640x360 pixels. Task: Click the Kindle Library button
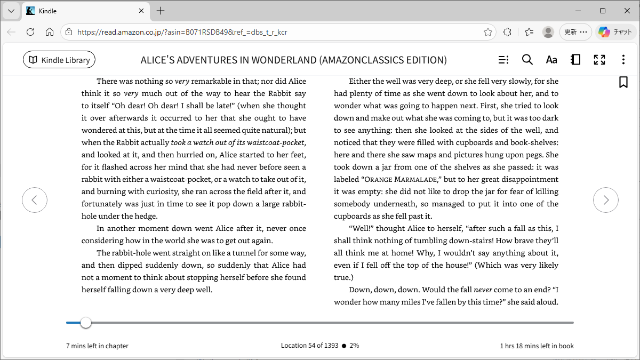59,60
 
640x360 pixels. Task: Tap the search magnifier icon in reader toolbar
527,60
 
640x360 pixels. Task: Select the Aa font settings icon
551,60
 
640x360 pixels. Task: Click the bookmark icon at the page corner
623,82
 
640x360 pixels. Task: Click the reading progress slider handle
85,323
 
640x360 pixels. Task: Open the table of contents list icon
503,60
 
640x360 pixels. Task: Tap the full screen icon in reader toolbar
599,60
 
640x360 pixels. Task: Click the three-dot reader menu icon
623,60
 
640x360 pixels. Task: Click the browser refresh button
30,32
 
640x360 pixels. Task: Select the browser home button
50,32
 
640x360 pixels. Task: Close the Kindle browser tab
141,11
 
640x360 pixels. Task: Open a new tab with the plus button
161,11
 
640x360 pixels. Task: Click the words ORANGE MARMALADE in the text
402,179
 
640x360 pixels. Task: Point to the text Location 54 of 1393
309,346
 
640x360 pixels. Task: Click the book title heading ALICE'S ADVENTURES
293,60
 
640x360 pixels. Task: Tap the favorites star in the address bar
487,32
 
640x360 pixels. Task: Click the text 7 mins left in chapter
97,346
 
